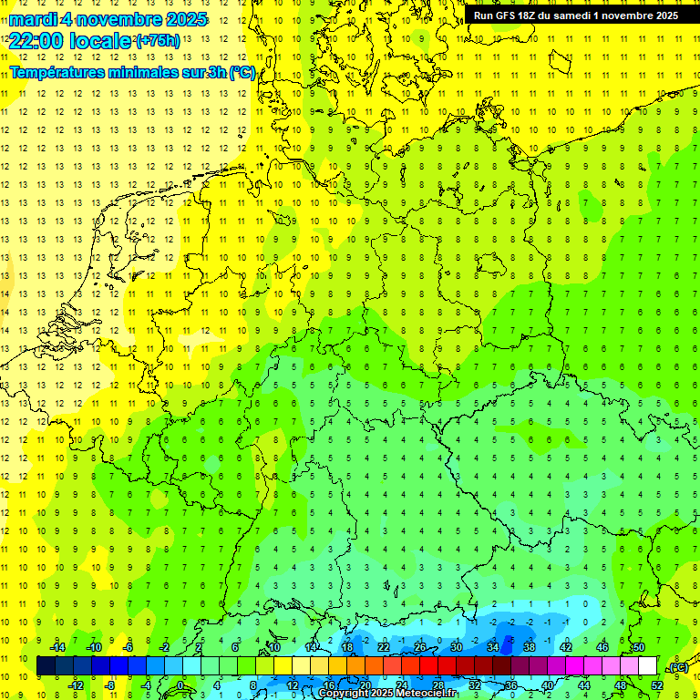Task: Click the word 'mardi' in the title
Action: [x=36, y=19]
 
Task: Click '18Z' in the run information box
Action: [x=534, y=15]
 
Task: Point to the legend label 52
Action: [x=657, y=685]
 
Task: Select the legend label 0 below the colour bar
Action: [x=180, y=685]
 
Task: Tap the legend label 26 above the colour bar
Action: [x=420, y=647]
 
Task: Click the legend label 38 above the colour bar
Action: [x=530, y=647]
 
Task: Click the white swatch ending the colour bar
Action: [x=647, y=666]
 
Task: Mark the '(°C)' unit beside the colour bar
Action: [x=678, y=667]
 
